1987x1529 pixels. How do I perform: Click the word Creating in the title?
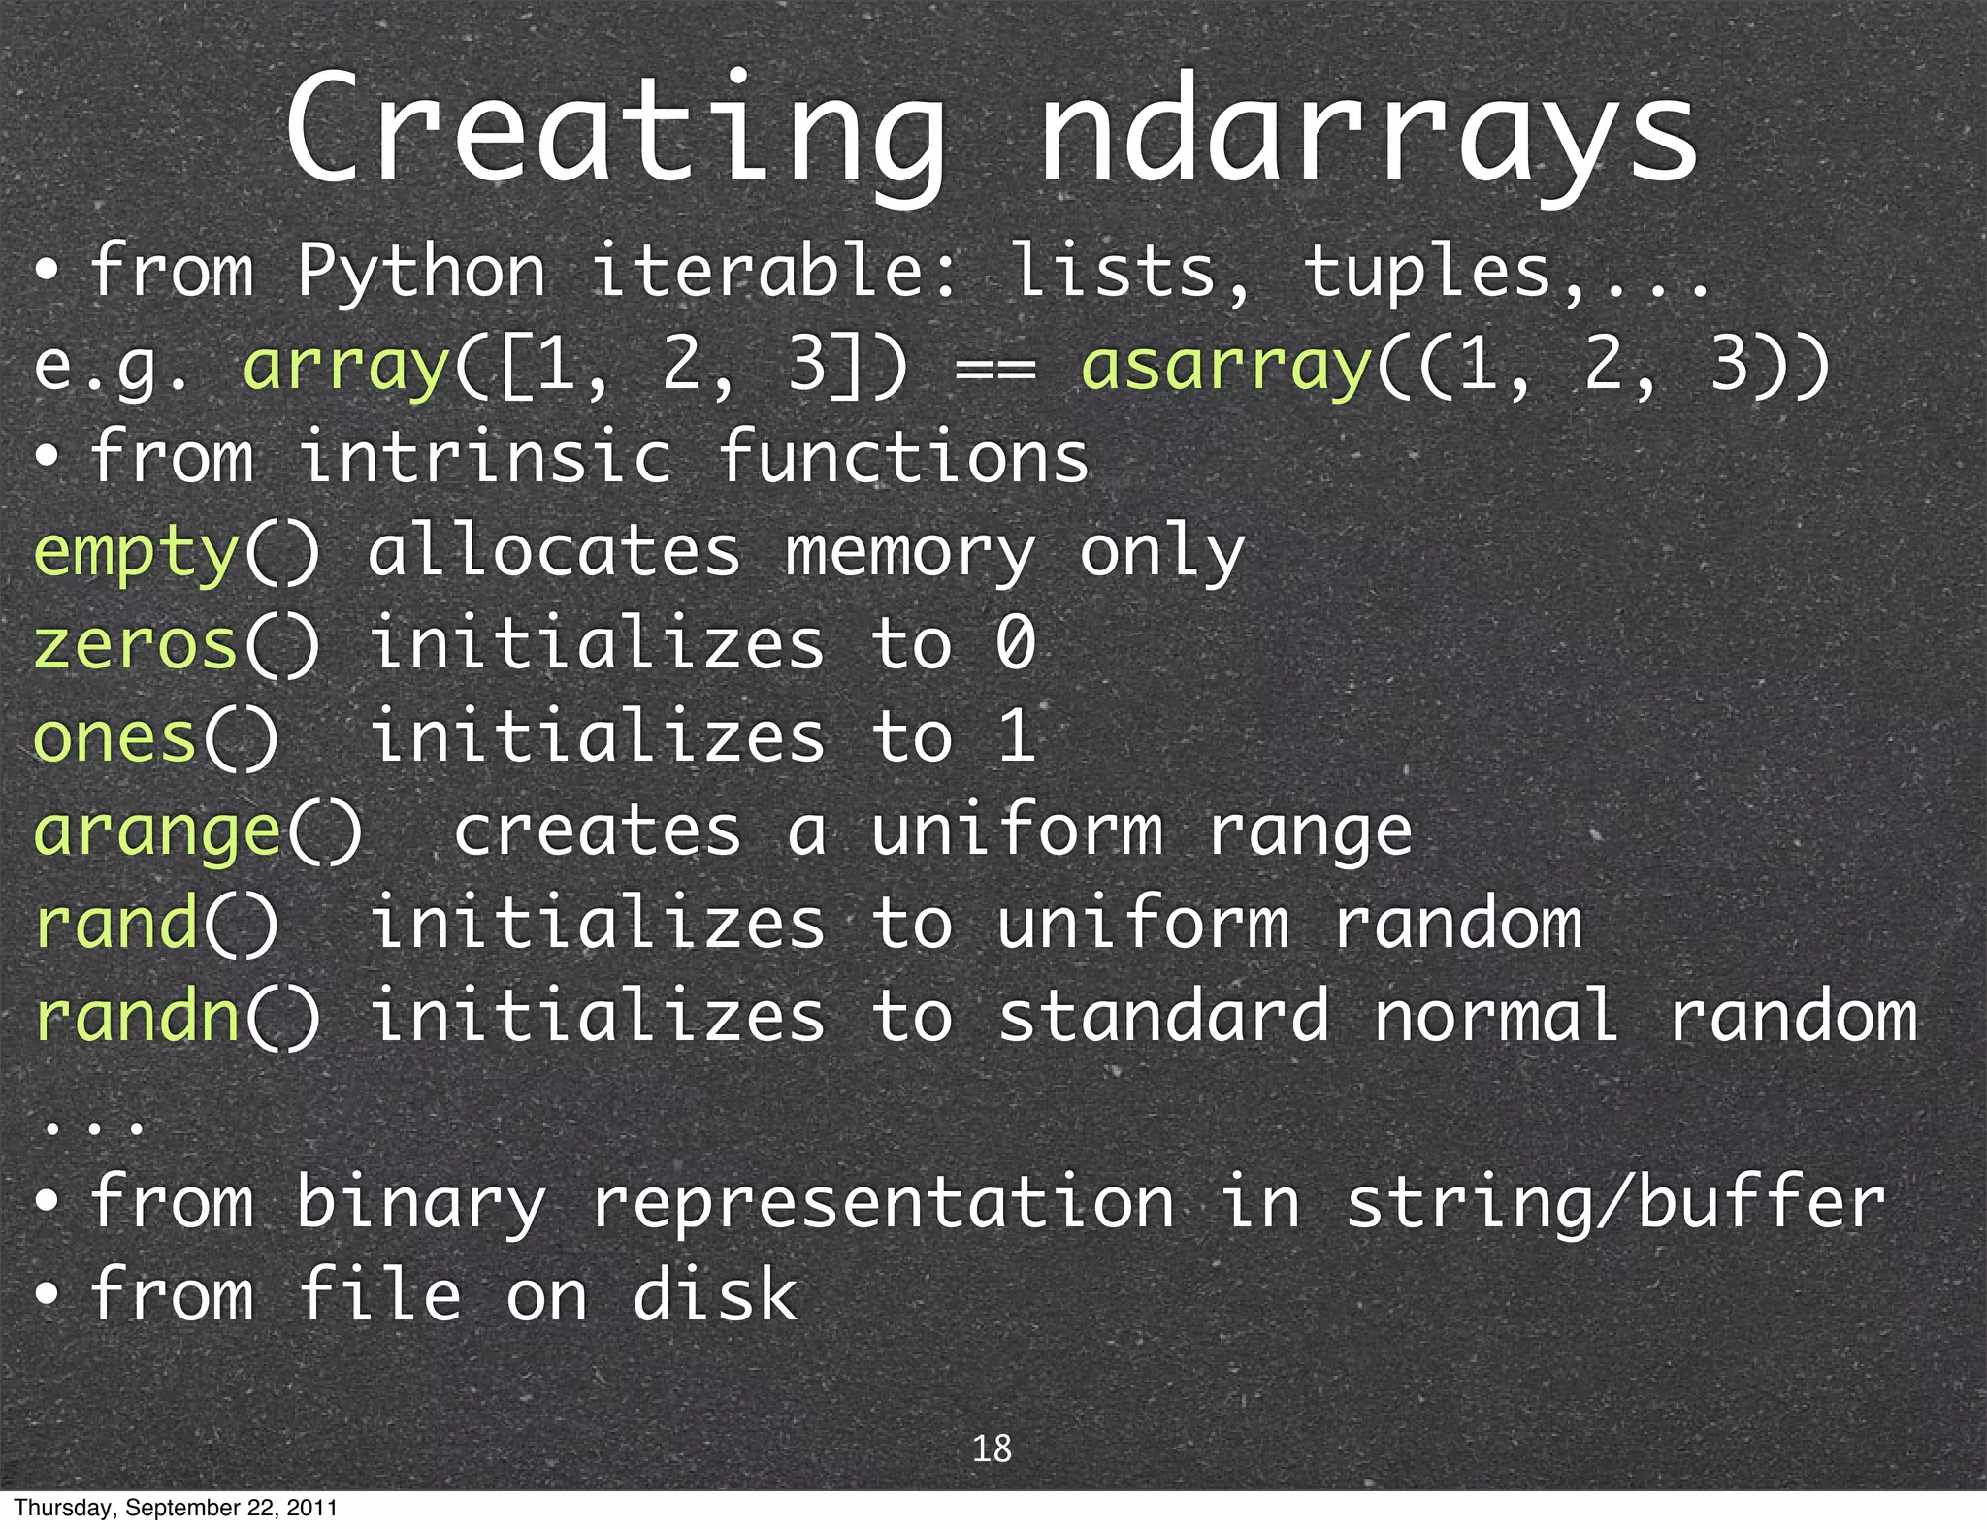click(x=615, y=131)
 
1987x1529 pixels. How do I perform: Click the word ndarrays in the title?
click(x=1368, y=131)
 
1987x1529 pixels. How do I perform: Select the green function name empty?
click(x=136, y=553)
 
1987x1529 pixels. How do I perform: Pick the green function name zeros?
click(x=136, y=645)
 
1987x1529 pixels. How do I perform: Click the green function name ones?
click(x=115, y=737)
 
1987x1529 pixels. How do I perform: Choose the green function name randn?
click(x=137, y=1016)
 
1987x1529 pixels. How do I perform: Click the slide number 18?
click(x=992, y=1448)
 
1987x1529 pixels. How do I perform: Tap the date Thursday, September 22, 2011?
click(x=176, y=1508)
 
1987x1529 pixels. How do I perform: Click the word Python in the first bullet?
click(x=421, y=272)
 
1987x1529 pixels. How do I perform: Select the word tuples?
click(x=1426, y=272)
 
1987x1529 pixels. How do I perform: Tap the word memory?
click(x=910, y=553)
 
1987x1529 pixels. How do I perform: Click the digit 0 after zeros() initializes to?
click(x=1016, y=643)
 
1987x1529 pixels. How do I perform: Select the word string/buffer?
click(x=1615, y=1203)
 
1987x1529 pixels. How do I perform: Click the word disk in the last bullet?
click(x=715, y=1295)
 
